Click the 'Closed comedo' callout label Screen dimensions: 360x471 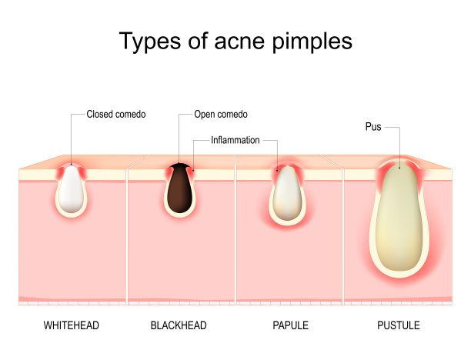(x=116, y=115)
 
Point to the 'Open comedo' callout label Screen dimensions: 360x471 (x=221, y=115)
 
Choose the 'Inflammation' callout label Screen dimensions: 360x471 (x=235, y=141)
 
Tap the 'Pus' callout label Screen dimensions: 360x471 (x=372, y=126)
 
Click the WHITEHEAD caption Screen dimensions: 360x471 (x=72, y=326)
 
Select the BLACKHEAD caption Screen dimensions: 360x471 (x=179, y=326)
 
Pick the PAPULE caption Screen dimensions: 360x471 (x=290, y=326)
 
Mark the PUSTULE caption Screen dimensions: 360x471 (x=398, y=326)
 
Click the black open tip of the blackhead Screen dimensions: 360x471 (x=180, y=167)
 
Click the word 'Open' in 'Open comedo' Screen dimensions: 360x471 (x=204, y=115)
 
